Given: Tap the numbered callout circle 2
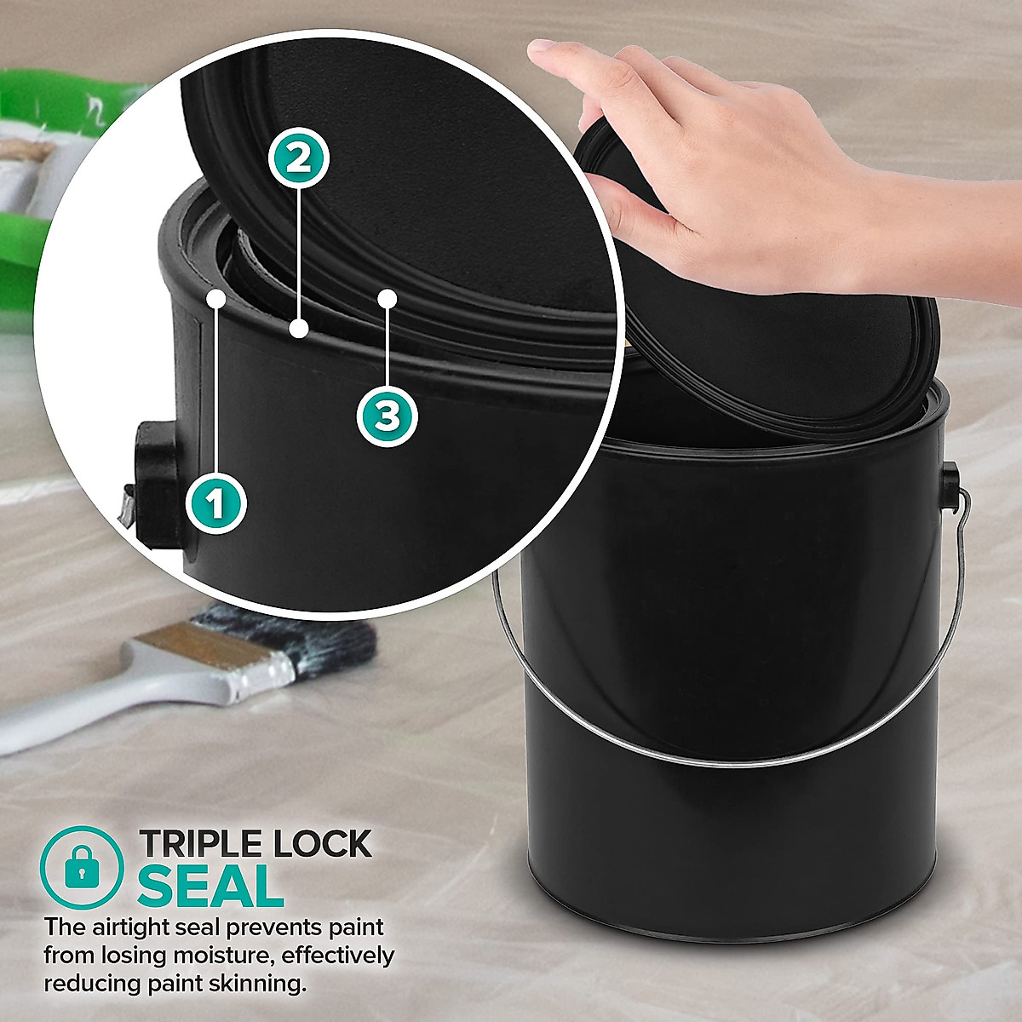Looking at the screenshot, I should click(x=298, y=158).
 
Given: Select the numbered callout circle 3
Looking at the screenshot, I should click(x=387, y=416).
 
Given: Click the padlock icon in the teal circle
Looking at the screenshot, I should click(x=82, y=866).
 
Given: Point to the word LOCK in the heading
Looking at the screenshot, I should click(x=322, y=844).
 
